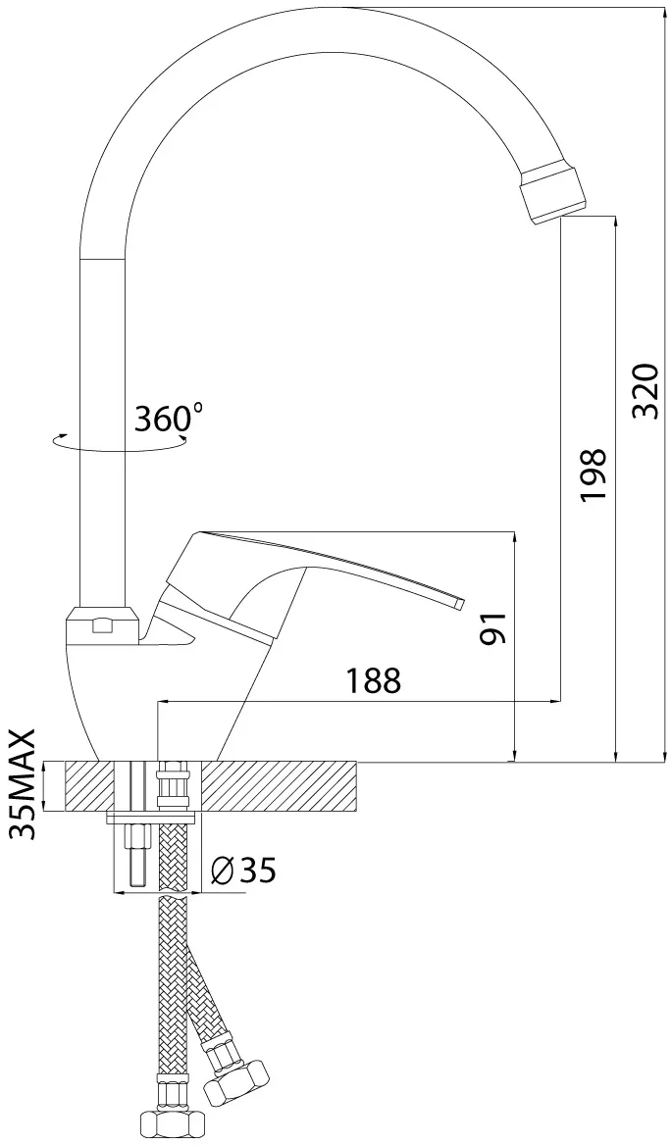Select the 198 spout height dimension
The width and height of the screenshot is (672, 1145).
(594, 475)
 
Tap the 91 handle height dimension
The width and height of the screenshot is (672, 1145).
(493, 628)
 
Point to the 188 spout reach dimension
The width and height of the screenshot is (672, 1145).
(373, 680)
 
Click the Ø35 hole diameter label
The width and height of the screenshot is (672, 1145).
(242, 869)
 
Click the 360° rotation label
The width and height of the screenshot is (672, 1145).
(169, 419)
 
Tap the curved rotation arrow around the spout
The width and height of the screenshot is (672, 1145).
(117, 441)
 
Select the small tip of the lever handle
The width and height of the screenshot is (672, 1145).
(459, 603)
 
